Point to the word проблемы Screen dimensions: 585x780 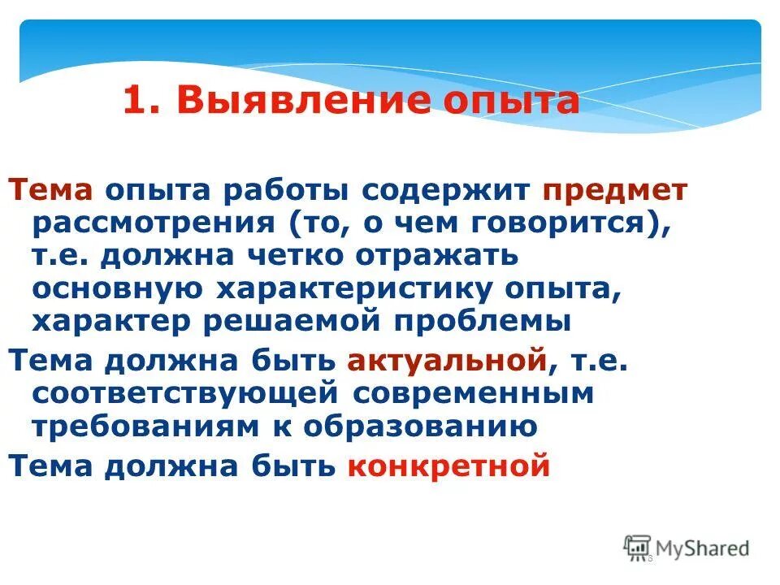(483, 320)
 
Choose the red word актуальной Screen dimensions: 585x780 (446, 360)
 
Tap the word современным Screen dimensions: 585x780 (474, 392)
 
